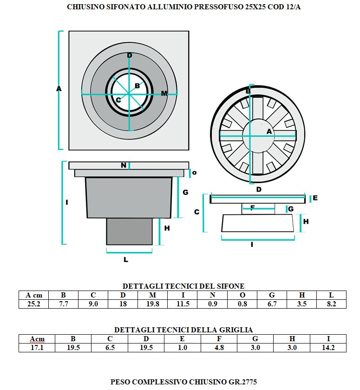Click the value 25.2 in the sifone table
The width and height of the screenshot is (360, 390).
(x=34, y=304)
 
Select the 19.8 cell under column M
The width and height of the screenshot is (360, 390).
(x=153, y=304)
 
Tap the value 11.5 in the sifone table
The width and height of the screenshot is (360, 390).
(x=183, y=304)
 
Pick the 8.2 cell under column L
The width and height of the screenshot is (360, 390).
(x=331, y=304)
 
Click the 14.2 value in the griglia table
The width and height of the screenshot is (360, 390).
(x=328, y=348)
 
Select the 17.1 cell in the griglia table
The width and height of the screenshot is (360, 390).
(x=37, y=348)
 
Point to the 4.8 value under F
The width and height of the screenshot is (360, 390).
(x=219, y=348)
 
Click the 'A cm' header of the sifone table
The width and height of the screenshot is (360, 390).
(x=34, y=295)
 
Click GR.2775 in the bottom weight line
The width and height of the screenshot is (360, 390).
(x=242, y=382)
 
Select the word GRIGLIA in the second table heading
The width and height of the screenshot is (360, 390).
(x=236, y=330)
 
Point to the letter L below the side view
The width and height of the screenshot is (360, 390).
(x=126, y=260)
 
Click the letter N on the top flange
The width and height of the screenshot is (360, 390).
(x=124, y=165)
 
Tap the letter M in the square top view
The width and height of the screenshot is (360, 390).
(x=164, y=93)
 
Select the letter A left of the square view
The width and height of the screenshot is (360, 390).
(x=59, y=88)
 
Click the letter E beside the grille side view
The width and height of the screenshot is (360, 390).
(x=315, y=198)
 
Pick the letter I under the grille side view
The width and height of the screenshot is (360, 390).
(x=252, y=245)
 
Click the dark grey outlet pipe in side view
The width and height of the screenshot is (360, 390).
(x=129, y=231)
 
